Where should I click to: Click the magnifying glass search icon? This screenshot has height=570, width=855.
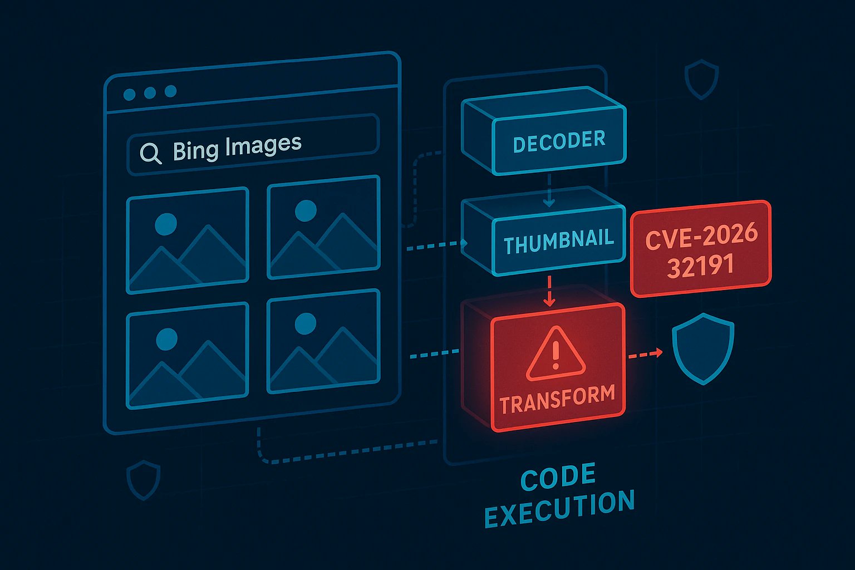pyautogui.click(x=150, y=153)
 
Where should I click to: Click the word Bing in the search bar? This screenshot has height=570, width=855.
pyautogui.click(x=195, y=150)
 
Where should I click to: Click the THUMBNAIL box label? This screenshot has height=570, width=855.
pyautogui.click(x=558, y=242)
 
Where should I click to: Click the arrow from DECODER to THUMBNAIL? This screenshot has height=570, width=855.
pyautogui.click(x=549, y=190)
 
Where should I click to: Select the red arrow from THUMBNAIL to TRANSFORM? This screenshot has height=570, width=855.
pyautogui.click(x=549, y=290)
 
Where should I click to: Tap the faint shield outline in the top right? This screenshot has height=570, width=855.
pyautogui.click(x=701, y=80)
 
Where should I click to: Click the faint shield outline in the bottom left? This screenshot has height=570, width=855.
pyautogui.click(x=144, y=479)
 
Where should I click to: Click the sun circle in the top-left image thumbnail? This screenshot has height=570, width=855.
pyautogui.click(x=166, y=224)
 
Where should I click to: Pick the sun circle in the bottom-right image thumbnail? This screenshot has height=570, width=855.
pyautogui.click(x=305, y=323)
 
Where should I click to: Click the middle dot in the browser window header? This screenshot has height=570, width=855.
pyautogui.click(x=150, y=93)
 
